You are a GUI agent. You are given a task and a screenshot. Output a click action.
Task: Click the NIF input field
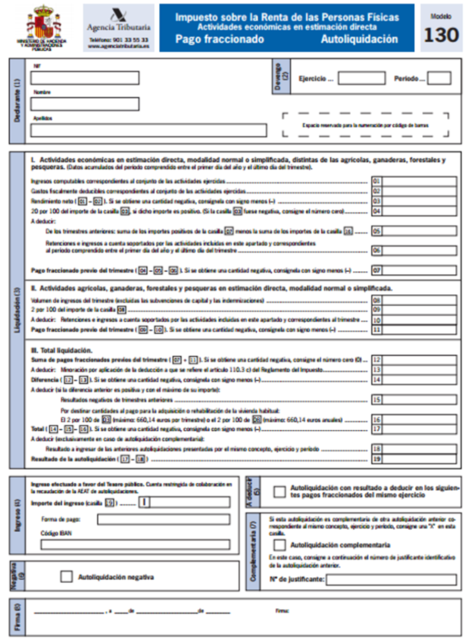tap(84, 78)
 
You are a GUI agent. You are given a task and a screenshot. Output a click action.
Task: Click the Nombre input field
tap(84, 104)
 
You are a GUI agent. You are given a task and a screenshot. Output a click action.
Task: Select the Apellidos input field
tap(148, 130)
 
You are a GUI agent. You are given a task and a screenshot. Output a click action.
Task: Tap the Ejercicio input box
tap(361, 78)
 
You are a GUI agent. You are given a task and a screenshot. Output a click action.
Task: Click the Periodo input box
tap(439, 78)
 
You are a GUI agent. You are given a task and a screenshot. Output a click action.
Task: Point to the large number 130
tap(441, 35)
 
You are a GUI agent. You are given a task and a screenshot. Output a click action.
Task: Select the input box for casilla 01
tap(419, 181)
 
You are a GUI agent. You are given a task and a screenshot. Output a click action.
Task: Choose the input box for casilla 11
tap(419, 330)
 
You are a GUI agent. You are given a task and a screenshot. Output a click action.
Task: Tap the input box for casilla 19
tap(419, 459)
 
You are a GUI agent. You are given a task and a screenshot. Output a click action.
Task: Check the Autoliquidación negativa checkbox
tap(67, 577)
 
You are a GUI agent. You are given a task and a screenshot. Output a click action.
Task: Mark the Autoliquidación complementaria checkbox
tap(280, 545)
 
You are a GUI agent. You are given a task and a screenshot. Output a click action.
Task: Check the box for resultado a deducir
tap(279, 492)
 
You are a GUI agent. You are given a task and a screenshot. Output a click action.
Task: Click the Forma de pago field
tap(163, 519)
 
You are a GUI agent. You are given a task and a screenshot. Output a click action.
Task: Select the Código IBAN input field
tap(135, 544)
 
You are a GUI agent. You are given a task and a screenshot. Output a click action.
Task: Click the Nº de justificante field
tap(391, 580)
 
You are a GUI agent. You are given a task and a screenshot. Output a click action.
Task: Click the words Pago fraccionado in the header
tap(219, 39)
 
